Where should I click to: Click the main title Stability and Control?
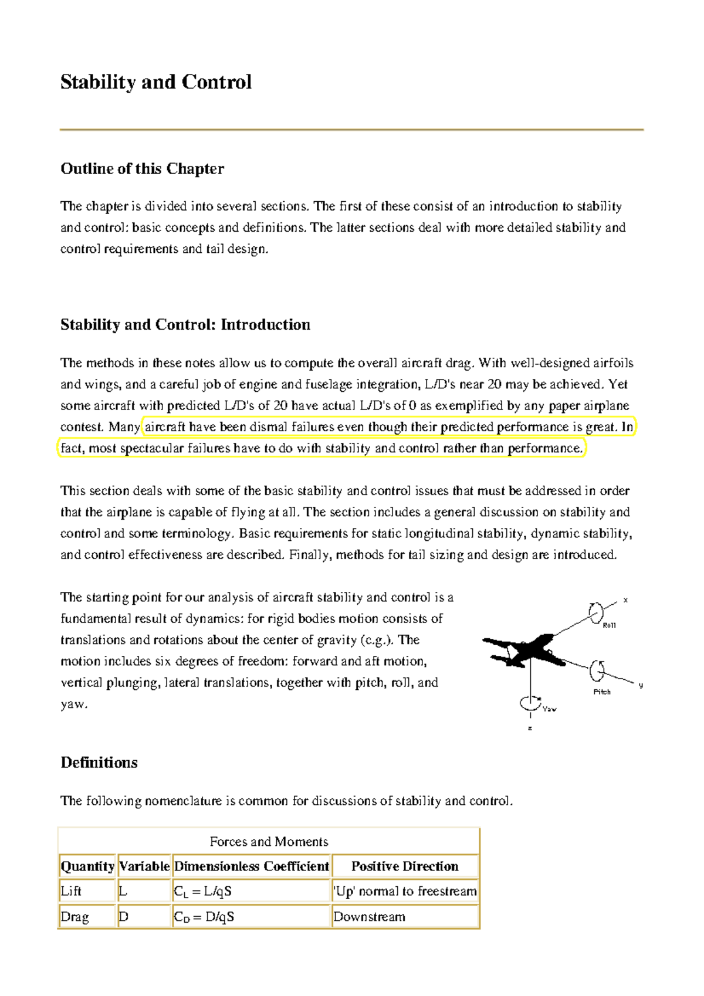coord(156,82)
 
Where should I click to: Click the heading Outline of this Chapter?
coord(142,169)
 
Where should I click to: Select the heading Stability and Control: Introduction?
coord(185,325)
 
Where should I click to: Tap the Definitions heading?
coord(99,763)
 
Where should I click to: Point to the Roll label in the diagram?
coord(610,625)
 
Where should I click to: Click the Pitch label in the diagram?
coord(602,692)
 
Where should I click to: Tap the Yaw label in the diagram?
coord(549,709)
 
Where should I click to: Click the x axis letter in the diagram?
coord(625,600)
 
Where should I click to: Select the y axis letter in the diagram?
coord(641,685)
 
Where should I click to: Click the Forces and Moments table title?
coord(269,842)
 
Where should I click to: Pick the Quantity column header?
coord(87,866)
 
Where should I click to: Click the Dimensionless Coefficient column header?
coord(252,866)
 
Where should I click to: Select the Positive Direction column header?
coord(405,866)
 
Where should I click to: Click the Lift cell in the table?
coord(71,892)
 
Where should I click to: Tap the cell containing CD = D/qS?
coord(204,917)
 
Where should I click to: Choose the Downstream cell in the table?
coord(369,917)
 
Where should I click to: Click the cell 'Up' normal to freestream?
coord(405,892)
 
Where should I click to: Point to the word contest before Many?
coord(81,427)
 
